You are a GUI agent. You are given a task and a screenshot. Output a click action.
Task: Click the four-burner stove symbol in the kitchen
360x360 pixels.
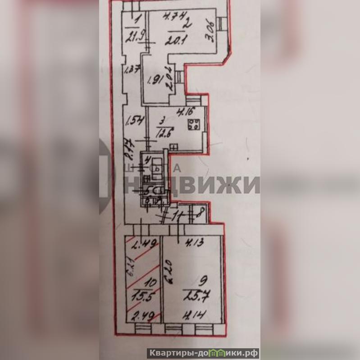(x=194, y=124)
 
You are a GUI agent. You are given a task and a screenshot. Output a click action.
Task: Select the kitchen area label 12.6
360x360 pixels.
(x=163, y=134)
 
